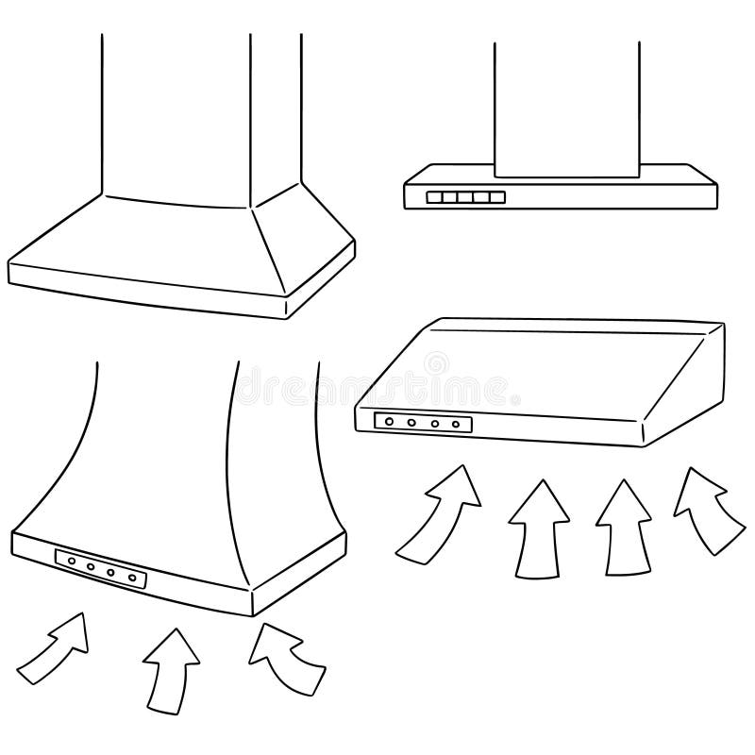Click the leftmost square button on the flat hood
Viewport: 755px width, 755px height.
click(x=434, y=198)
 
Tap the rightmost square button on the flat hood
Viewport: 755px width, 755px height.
click(x=497, y=198)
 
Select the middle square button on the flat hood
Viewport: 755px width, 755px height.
click(x=465, y=198)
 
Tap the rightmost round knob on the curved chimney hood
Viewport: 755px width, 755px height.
click(x=133, y=577)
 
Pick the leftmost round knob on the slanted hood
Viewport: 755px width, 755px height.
click(x=386, y=422)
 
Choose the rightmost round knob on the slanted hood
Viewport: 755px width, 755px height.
click(x=458, y=425)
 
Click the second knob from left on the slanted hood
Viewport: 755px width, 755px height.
click(x=410, y=423)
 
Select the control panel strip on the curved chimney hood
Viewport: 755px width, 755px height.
click(x=101, y=570)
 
